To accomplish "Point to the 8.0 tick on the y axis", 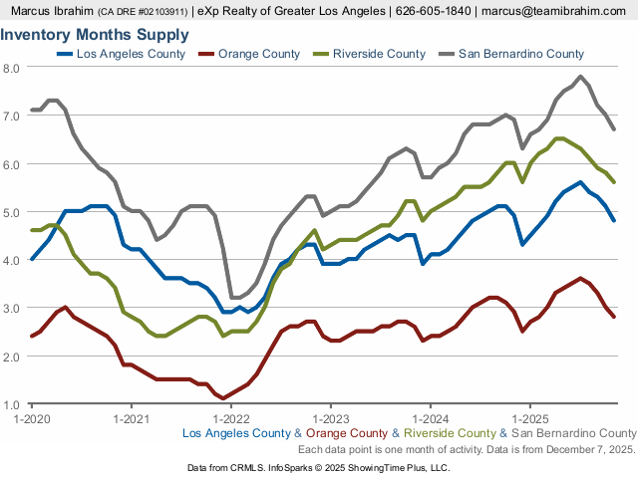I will pos(12,68).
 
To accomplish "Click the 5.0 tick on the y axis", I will pos(12,212).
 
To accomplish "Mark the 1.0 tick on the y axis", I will pos(12,404).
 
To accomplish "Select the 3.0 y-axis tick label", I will pos(12,309).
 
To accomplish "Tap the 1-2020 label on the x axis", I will pos(32,419).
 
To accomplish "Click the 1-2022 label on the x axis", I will pos(230,419).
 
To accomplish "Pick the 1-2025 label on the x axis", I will pos(528,419).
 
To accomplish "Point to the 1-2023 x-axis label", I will pos(330,419).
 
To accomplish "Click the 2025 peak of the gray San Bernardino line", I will pos(580,77).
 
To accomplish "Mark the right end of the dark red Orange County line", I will pos(613,317).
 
